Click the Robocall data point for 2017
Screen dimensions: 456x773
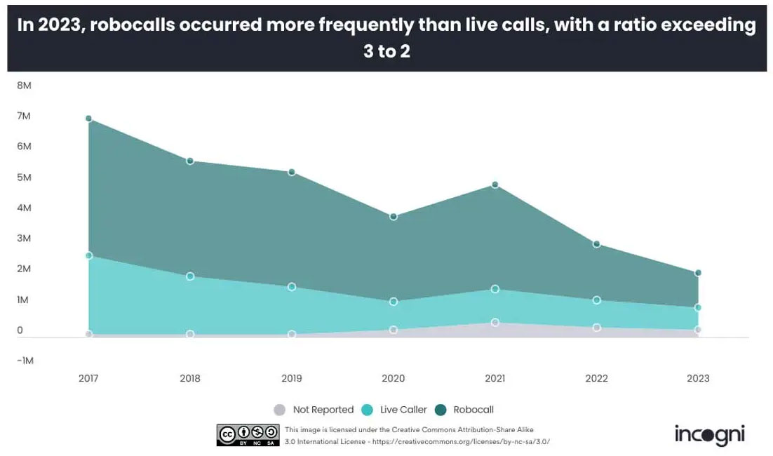(x=88, y=119)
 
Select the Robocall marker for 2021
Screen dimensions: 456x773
(x=495, y=185)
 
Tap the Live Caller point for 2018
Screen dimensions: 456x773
(x=190, y=276)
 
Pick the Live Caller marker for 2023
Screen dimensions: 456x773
(x=698, y=307)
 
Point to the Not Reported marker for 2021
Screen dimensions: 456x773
(x=495, y=323)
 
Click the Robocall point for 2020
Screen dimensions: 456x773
(x=394, y=217)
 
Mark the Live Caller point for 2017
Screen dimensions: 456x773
(x=88, y=255)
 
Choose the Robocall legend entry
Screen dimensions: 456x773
(x=466, y=410)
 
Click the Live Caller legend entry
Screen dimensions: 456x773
(x=395, y=410)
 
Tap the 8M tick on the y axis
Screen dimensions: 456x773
(x=24, y=85)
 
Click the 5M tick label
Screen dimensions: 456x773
(x=24, y=177)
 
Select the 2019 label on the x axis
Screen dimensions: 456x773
(x=292, y=378)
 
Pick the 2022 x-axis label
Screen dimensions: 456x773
(x=596, y=378)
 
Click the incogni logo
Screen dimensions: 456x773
(x=709, y=434)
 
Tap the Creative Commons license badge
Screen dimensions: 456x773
(x=248, y=435)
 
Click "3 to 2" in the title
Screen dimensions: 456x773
(x=387, y=51)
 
